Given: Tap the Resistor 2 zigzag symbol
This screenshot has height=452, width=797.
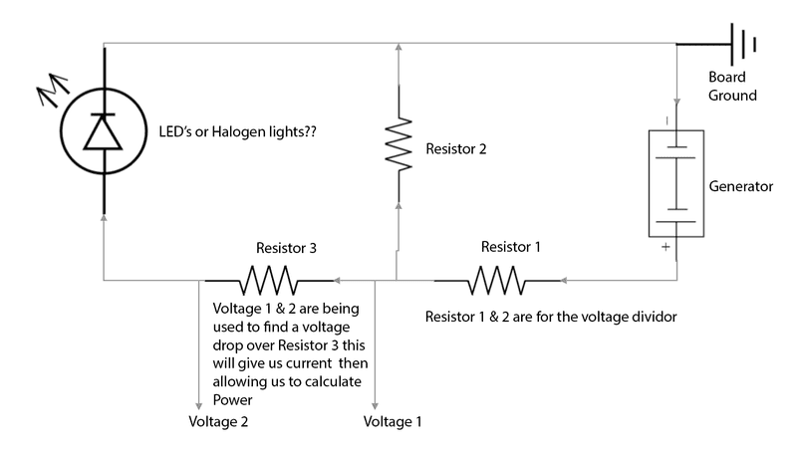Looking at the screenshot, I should (398, 142).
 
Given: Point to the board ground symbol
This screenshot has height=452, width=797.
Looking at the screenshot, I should (742, 44).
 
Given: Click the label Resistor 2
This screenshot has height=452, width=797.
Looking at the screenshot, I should (458, 149).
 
